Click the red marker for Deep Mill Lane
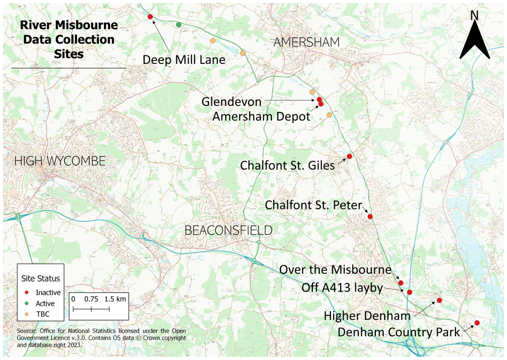coord(150,17)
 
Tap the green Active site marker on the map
coord(179,24)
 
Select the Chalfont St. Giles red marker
coord(349,156)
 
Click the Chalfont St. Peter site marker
coord(370,216)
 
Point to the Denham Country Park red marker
coord(477,323)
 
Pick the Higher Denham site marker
coord(439,301)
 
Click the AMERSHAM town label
coord(306,43)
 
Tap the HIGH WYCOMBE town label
coord(60,161)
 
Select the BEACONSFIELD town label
coord(228,230)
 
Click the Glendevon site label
coord(231,102)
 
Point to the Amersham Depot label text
coord(261,116)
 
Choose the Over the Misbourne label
coord(335,270)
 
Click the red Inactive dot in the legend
coord(28,293)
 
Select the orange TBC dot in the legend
coord(28,314)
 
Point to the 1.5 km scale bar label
coord(115,299)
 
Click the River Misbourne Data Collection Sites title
coord(69,40)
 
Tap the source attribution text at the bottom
coord(101,338)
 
